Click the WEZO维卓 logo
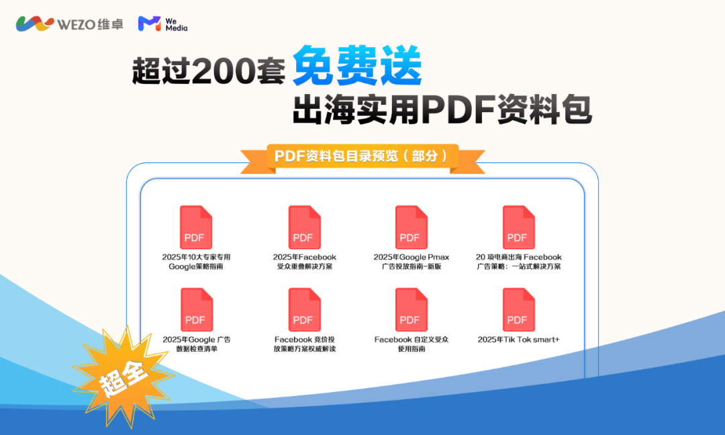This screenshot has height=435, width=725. (70, 23)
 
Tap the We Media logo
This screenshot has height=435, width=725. (162, 24)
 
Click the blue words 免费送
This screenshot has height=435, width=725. (357, 66)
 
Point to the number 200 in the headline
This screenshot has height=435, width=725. (222, 71)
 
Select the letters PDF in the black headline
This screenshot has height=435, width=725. (458, 109)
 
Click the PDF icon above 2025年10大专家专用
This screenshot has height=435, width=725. (196, 228)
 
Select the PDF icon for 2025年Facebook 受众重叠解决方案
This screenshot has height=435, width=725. (304, 228)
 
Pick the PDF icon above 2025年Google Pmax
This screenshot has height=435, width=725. (411, 228)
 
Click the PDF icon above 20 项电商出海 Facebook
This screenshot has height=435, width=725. (519, 228)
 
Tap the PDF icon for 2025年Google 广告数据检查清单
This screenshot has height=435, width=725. (197, 309)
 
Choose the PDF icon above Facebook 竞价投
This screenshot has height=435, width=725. (304, 309)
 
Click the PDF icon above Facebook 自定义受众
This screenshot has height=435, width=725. (411, 309)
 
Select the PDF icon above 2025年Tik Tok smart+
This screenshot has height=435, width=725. (519, 309)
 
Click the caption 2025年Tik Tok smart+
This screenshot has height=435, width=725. (519, 339)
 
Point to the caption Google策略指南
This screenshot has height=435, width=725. (196, 267)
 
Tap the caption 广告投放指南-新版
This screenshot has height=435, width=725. (412, 267)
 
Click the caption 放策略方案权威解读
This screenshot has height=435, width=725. (304, 349)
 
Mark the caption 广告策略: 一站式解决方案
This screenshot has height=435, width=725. (519, 267)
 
